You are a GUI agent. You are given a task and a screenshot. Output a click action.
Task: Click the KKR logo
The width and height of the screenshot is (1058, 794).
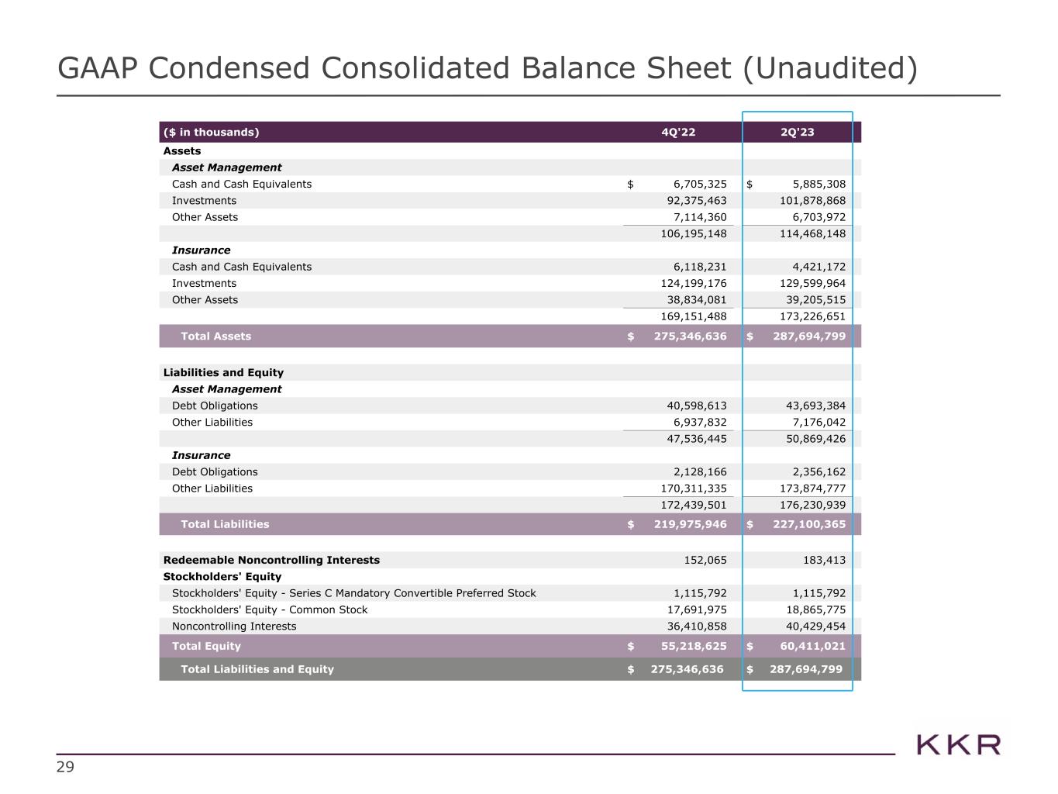(x=958, y=744)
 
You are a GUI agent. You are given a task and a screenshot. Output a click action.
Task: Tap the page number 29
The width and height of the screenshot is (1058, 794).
(x=65, y=768)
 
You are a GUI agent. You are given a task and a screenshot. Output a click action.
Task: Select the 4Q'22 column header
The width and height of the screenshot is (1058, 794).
(x=678, y=132)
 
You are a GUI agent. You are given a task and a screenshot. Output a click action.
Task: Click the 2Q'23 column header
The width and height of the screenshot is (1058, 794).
(x=797, y=132)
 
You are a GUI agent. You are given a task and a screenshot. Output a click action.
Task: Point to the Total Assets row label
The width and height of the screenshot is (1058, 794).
(x=215, y=337)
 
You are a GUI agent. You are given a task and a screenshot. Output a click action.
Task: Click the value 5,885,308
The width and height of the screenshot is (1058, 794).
(x=808, y=185)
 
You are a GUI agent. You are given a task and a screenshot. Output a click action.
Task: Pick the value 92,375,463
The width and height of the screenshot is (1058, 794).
(x=689, y=201)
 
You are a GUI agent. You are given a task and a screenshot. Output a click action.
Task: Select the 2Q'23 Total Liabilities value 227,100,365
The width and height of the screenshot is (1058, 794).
(x=808, y=524)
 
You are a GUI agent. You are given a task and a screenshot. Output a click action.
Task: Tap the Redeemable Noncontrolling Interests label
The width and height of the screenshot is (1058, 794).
(x=271, y=560)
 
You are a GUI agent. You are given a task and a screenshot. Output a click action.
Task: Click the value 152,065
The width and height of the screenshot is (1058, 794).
(x=701, y=560)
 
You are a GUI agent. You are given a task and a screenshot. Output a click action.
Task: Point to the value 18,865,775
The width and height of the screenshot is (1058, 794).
(x=808, y=610)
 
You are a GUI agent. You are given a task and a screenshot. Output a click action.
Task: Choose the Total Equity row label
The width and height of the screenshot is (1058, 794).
(x=206, y=646)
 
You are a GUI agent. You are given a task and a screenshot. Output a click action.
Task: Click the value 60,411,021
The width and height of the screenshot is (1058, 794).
(x=808, y=646)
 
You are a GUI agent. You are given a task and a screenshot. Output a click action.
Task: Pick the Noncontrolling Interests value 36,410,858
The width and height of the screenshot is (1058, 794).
(x=689, y=627)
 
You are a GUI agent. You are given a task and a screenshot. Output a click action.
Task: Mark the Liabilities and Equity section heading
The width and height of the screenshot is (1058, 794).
(x=223, y=373)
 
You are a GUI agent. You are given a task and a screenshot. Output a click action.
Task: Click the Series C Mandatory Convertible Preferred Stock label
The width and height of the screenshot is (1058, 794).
(x=353, y=593)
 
